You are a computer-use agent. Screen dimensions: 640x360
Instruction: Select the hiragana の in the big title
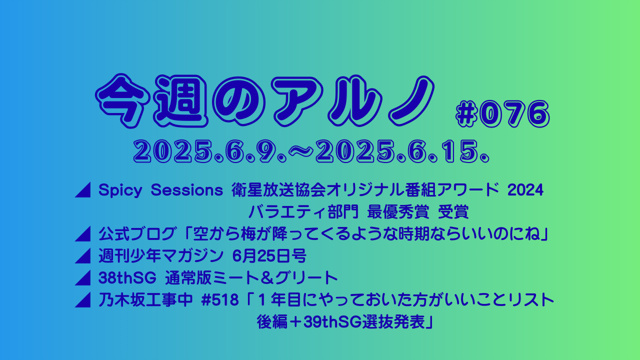(240, 101)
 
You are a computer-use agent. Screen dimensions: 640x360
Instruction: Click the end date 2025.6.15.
(403, 151)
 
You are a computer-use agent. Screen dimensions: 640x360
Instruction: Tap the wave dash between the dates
(301, 151)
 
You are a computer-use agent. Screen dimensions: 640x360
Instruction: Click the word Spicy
(120, 190)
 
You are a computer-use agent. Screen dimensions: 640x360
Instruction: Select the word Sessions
(187, 190)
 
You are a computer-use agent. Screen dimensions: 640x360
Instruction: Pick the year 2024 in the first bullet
(525, 190)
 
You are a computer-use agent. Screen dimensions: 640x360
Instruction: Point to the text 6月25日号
(269, 256)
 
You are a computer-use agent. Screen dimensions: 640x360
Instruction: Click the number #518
(220, 300)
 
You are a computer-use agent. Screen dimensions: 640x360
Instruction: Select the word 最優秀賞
(398, 212)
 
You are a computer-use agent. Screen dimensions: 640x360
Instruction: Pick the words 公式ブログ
(136, 234)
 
